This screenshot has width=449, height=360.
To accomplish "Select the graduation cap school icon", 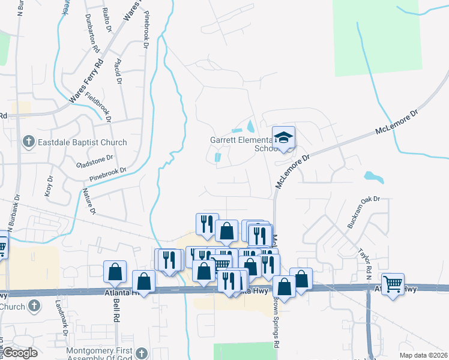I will click(284, 137).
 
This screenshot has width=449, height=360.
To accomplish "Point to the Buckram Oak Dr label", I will click(364, 213).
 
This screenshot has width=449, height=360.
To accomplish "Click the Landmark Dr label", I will click(62, 317).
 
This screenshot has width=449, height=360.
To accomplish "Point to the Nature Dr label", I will click(89, 201).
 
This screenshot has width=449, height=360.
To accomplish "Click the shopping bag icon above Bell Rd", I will click(115, 271).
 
